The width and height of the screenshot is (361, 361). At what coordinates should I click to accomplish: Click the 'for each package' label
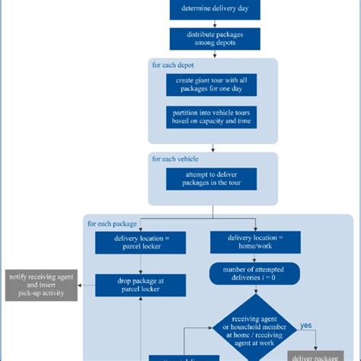pyautogui.click(x=113, y=224)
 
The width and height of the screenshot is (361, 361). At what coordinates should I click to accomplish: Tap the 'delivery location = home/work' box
pyautogui.click(x=254, y=243)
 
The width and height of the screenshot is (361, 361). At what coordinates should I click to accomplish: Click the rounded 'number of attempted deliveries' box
pyautogui.click(x=254, y=273)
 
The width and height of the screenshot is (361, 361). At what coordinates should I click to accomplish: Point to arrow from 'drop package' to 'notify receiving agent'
pyautogui.click(x=86, y=286)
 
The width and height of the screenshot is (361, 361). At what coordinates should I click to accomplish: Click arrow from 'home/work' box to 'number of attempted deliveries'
pyautogui.click(x=254, y=258)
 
